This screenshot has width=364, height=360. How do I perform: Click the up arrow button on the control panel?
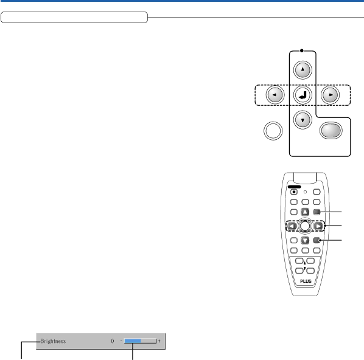[x=303, y=70]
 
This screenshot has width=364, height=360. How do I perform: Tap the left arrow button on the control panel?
[x=275, y=95]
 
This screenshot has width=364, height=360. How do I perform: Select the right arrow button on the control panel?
[x=330, y=95]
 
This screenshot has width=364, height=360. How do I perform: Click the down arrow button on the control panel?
[x=303, y=120]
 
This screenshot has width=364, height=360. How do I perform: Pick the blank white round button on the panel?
[x=273, y=131]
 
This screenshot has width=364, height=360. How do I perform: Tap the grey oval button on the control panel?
[x=331, y=130]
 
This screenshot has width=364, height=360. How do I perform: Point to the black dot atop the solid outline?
[x=301, y=50]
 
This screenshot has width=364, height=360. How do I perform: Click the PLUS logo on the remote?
[x=306, y=281]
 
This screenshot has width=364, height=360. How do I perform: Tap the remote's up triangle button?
[x=305, y=212]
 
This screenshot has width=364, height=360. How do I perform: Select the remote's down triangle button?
[x=305, y=240]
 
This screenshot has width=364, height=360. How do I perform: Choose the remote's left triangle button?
[x=292, y=226]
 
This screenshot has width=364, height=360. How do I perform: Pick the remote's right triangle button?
[x=318, y=226]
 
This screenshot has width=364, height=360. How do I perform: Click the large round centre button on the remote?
[x=305, y=226]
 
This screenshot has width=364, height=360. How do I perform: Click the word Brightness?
[x=53, y=341]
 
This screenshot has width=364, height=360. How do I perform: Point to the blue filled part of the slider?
[x=133, y=341]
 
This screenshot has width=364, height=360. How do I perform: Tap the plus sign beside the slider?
[x=159, y=341]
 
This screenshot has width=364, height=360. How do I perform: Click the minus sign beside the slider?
[x=121, y=341]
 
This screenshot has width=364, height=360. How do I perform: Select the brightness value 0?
[x=113, y=341]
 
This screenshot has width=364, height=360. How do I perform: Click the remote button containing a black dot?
[x=294, y=192]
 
